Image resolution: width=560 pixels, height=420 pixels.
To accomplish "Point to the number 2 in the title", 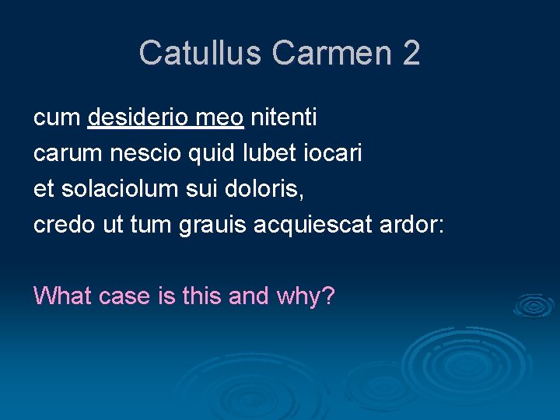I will (x=411, y=53).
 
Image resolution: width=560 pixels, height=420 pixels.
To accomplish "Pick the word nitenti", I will (x=283, y=117).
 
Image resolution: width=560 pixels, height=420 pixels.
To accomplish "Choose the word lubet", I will (x=264, y=153).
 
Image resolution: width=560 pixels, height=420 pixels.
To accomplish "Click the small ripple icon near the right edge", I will (x=534, y=305).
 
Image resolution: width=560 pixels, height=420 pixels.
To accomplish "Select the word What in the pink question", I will (x=62, y=296).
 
